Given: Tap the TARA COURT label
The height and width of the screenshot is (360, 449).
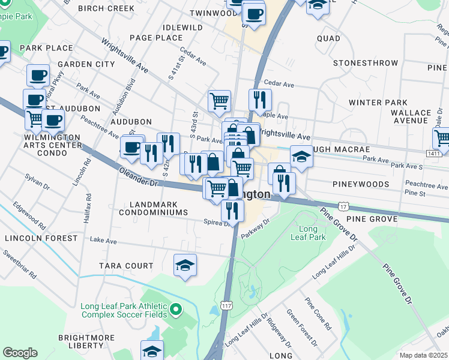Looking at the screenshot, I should pos(128,266).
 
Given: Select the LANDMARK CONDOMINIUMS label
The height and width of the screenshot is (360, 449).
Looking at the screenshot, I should pos(153,208).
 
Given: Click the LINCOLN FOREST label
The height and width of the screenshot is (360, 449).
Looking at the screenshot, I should pos(41,238).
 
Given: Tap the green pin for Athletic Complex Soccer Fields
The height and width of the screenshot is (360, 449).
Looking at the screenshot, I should pos(175,310).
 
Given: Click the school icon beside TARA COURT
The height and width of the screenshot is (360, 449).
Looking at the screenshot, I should pos(185,265).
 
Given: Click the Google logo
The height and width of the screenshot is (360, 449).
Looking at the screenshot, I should pos(20,353).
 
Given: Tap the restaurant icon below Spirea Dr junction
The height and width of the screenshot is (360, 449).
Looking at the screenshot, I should pos(232,211).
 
